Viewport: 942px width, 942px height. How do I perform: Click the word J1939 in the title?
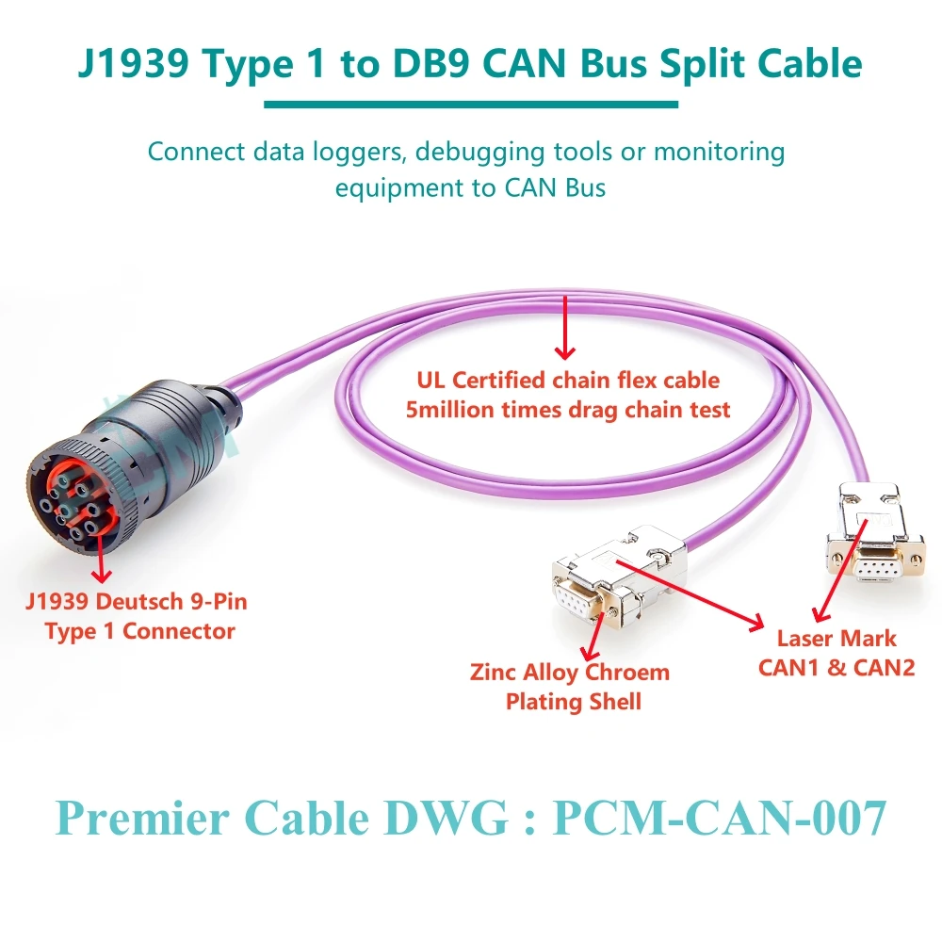coord(141,63)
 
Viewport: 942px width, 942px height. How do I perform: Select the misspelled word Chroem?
coord(626,673)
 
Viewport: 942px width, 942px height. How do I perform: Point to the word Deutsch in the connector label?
coord(145,600)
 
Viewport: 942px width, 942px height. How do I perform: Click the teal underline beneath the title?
coord(470,104)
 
